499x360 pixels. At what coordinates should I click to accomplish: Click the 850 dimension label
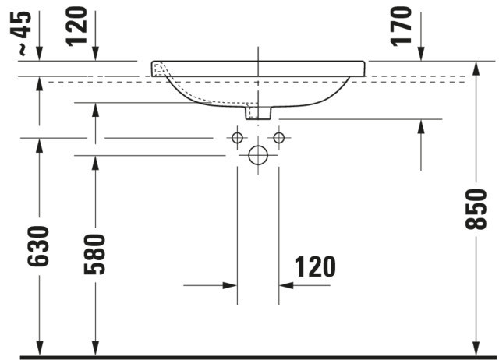tap(476, 209)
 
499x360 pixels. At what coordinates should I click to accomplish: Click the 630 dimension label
tap(38, 246)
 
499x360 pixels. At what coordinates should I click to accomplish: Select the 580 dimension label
tap(94, 254)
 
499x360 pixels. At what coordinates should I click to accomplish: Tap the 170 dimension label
tap(402, 26)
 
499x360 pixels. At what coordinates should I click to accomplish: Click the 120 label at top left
tap(76, 26)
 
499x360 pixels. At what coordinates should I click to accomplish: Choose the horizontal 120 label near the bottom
tap(315, 266)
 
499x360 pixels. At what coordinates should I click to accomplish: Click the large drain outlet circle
tap(258, 146)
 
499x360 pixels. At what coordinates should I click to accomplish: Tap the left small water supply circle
tap(237, 132)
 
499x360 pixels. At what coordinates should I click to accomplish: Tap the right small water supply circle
tap(279, 132)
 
